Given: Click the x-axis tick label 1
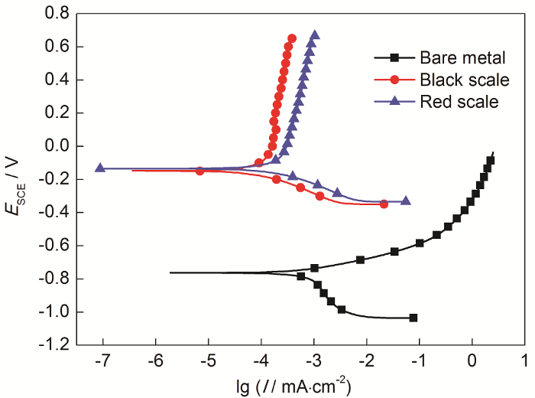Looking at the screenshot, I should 524,360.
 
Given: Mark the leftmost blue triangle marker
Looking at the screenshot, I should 100,168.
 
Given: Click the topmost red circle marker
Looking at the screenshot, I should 292,38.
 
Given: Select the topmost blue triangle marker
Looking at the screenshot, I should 315,35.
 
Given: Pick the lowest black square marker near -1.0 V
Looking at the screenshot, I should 413,318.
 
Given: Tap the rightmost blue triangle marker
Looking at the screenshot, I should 406,201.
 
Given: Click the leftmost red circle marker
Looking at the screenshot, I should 200,171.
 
